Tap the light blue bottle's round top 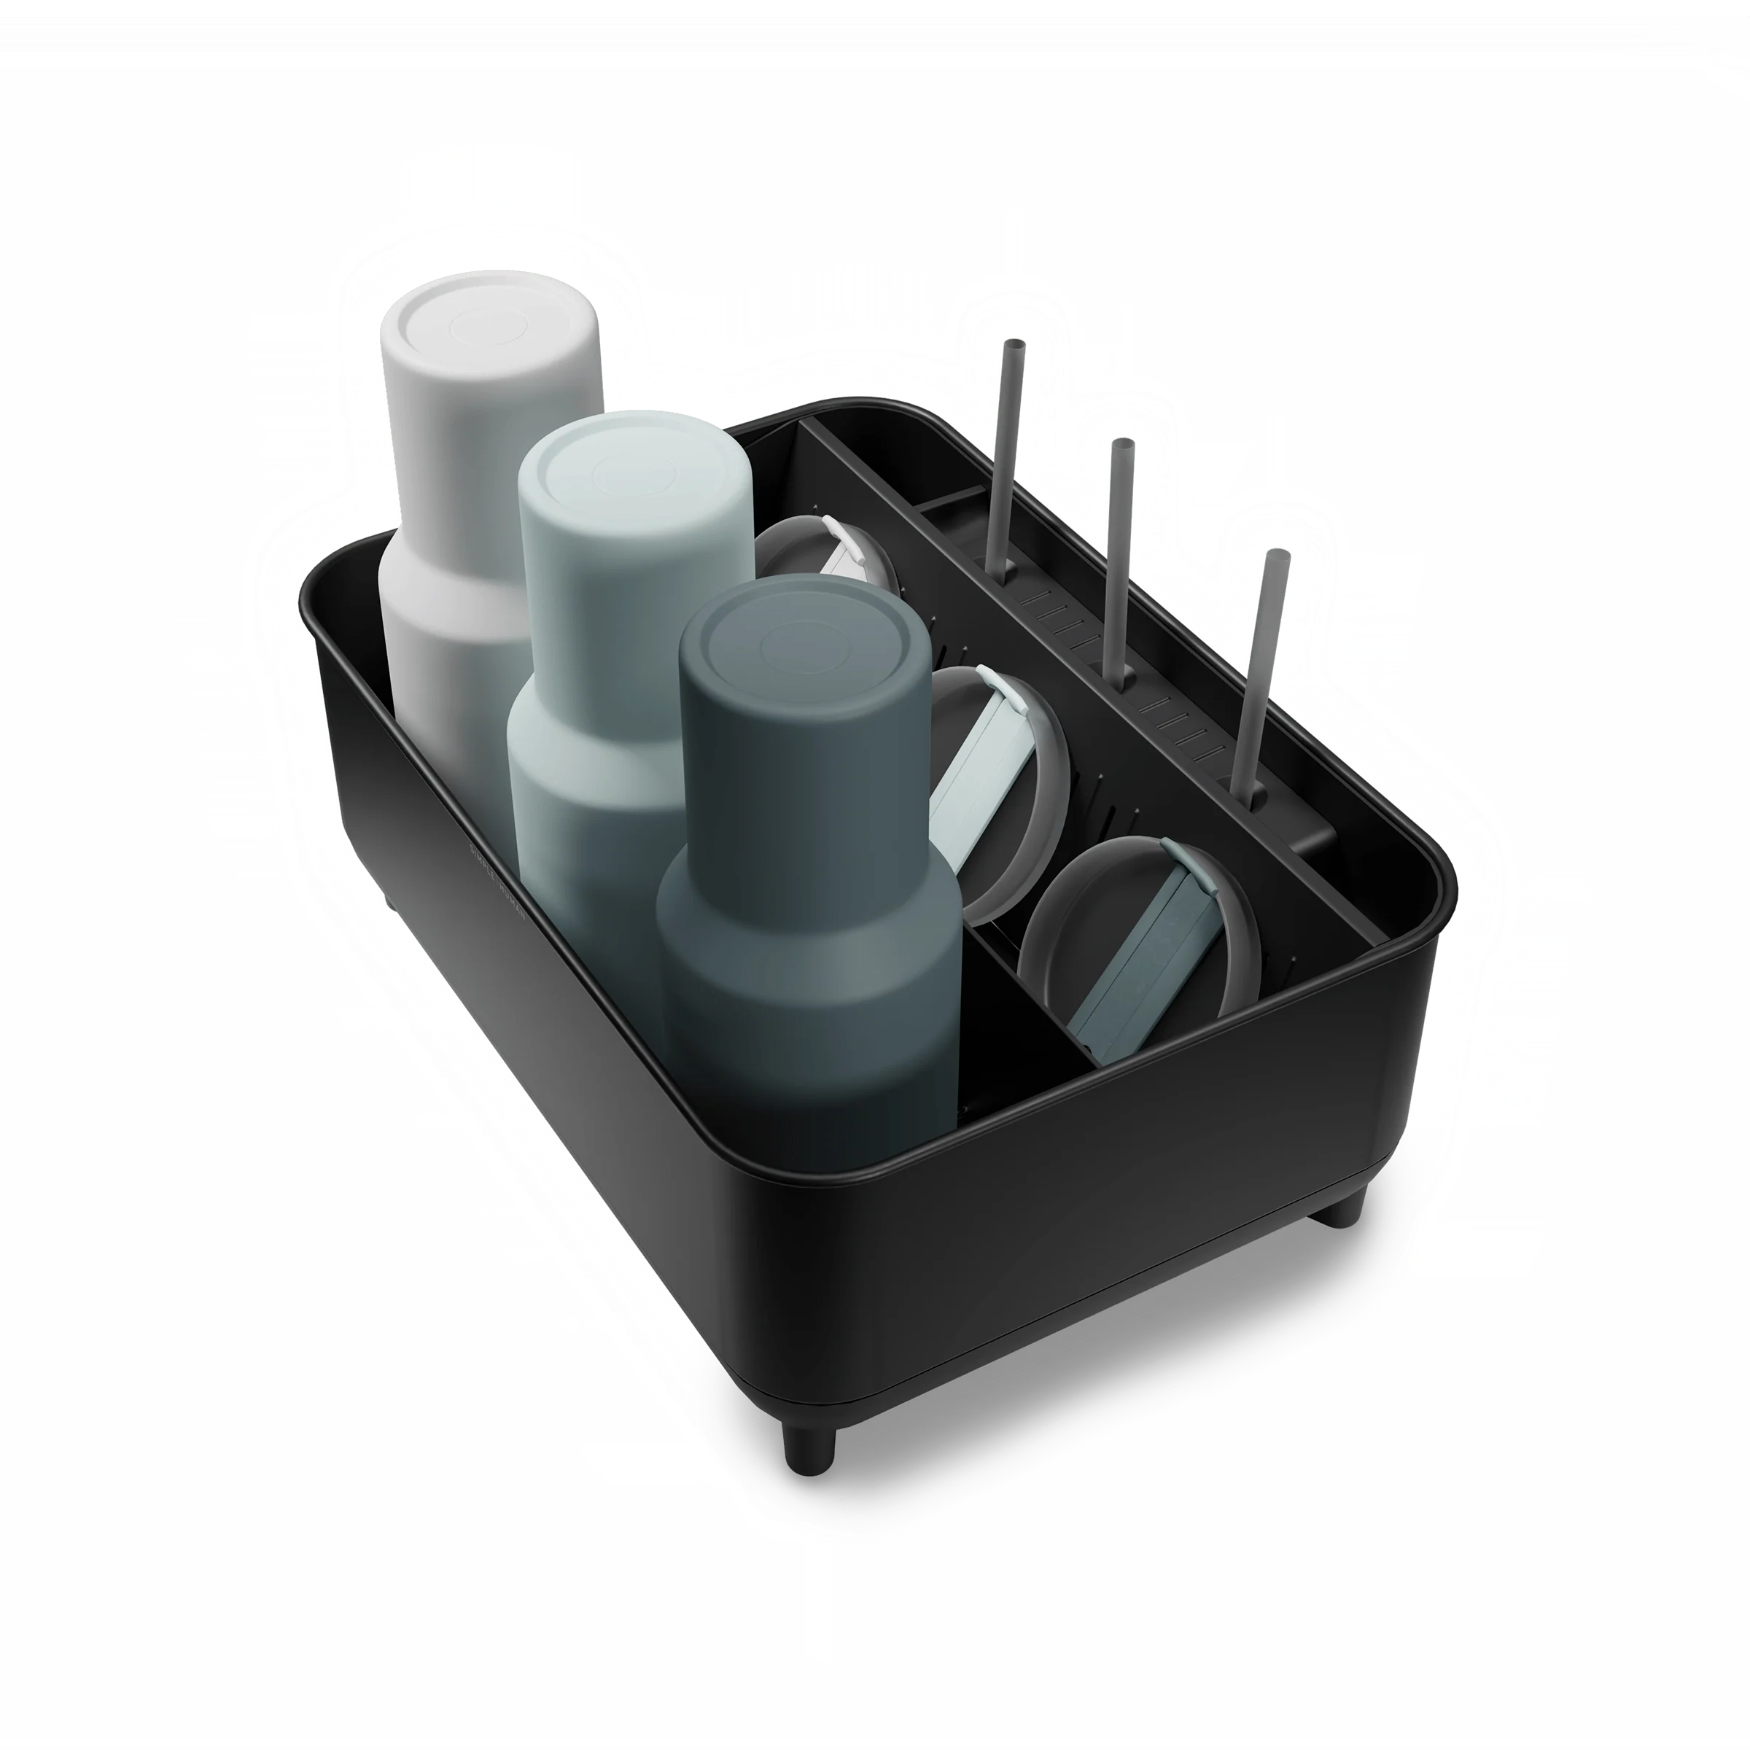pyautogui.click(x=634, y=471)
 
